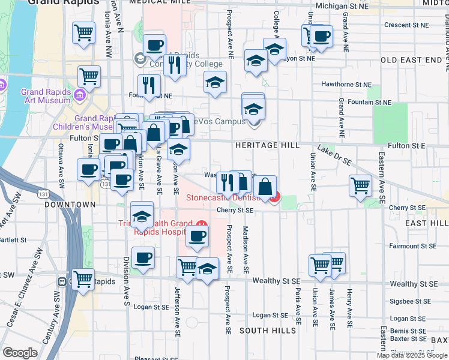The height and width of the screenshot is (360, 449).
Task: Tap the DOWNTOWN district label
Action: (x=70, y=205)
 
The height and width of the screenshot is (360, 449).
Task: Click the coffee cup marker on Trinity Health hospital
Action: (x=196, y=236)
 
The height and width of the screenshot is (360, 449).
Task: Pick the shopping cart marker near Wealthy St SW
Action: (x=83, y=278)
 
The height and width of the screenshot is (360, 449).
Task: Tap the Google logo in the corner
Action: (x=19, y=352)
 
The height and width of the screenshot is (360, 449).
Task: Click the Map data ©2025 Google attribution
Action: (x=412, y=355)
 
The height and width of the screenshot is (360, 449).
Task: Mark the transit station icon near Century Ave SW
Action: (x=62, y=281)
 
